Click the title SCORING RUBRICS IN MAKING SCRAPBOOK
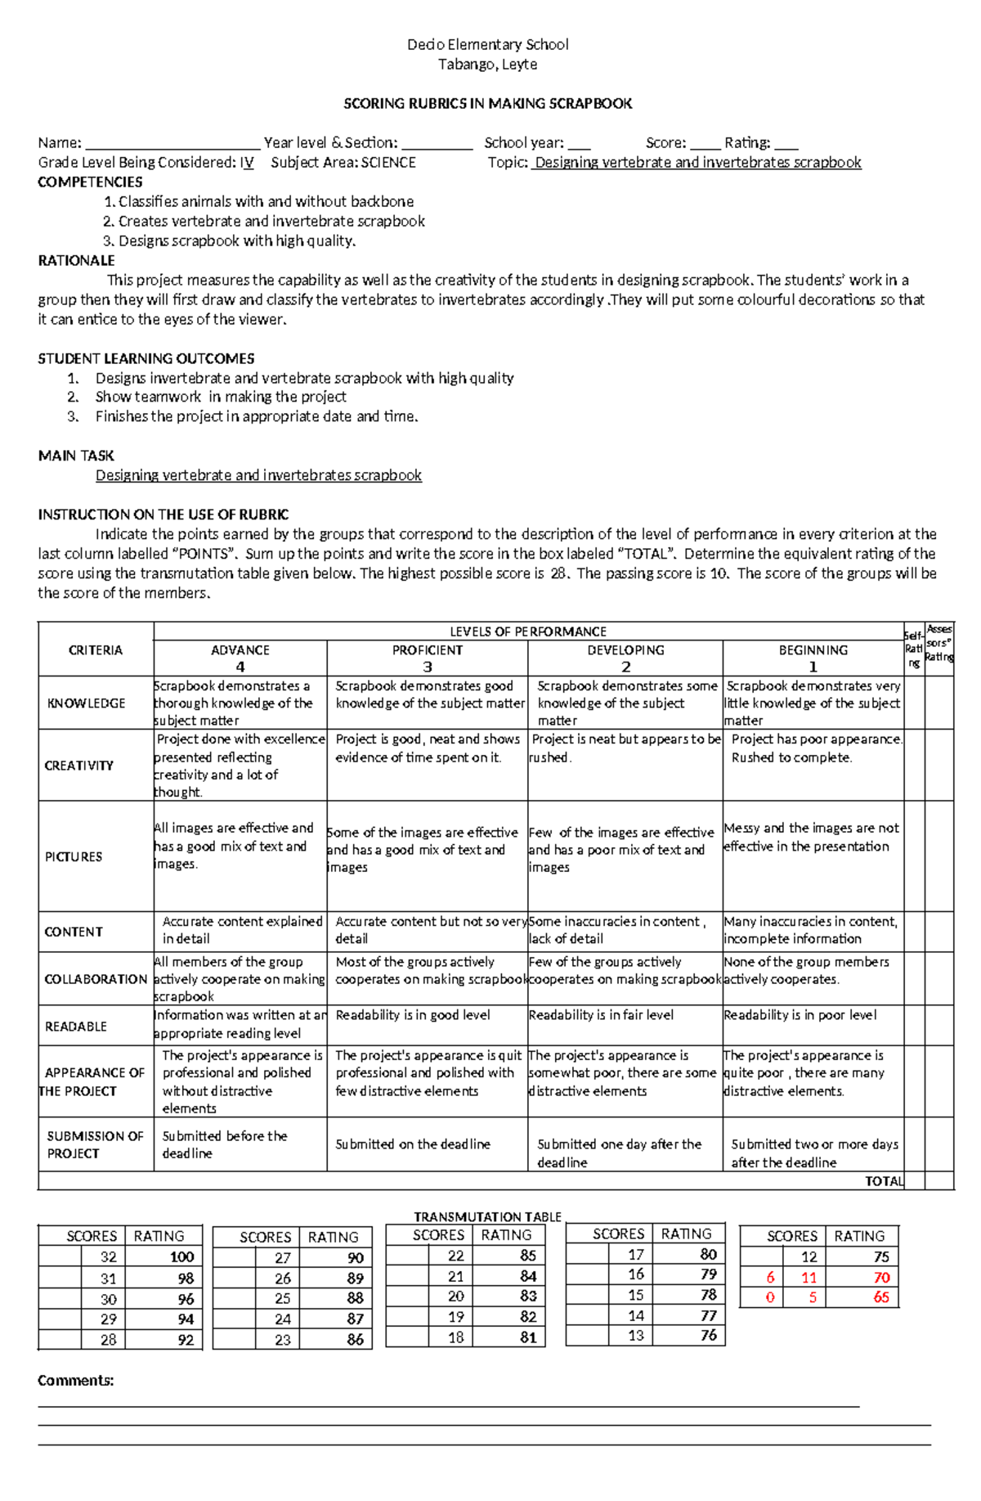(487, 103)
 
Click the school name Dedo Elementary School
(487, 44)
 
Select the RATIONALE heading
(76, 261)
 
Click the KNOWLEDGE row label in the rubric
(86, 703)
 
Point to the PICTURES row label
(74, 856)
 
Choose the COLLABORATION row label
(96, 979)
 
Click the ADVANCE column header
(240, 650)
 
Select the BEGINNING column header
(813, 650)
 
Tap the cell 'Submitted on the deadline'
(413, 1144)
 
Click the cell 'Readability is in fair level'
(601, 1015)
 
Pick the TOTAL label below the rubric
(884, 1181)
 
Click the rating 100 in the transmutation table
(181, 1257)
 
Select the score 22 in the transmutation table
(455, 1256)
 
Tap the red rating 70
(880, 1278)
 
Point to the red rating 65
(880, 1297)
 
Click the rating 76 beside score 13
(708, 1335)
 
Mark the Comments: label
(76, 1381)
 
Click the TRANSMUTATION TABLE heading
(487, 1217)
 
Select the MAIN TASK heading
(76, 456)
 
